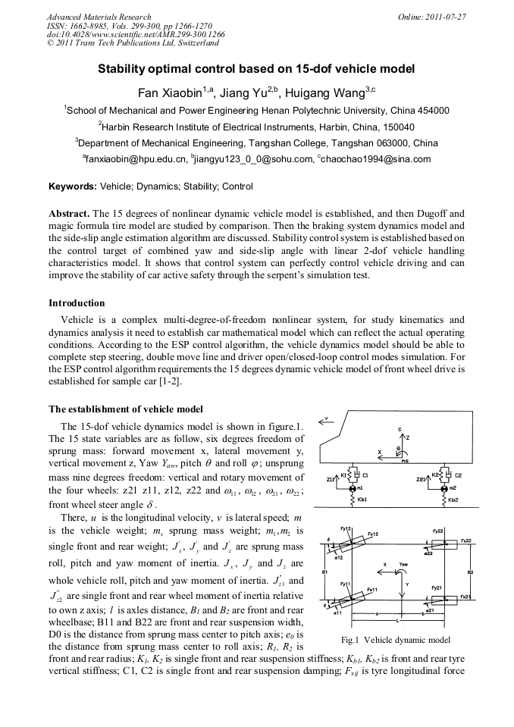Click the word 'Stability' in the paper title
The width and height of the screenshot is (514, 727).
point(124,69)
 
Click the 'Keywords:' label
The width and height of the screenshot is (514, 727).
point(73,186)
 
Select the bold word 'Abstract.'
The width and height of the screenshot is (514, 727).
point(70,215)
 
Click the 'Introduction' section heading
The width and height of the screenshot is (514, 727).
point(77,303)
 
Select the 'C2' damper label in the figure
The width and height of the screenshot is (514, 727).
point(458,475)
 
